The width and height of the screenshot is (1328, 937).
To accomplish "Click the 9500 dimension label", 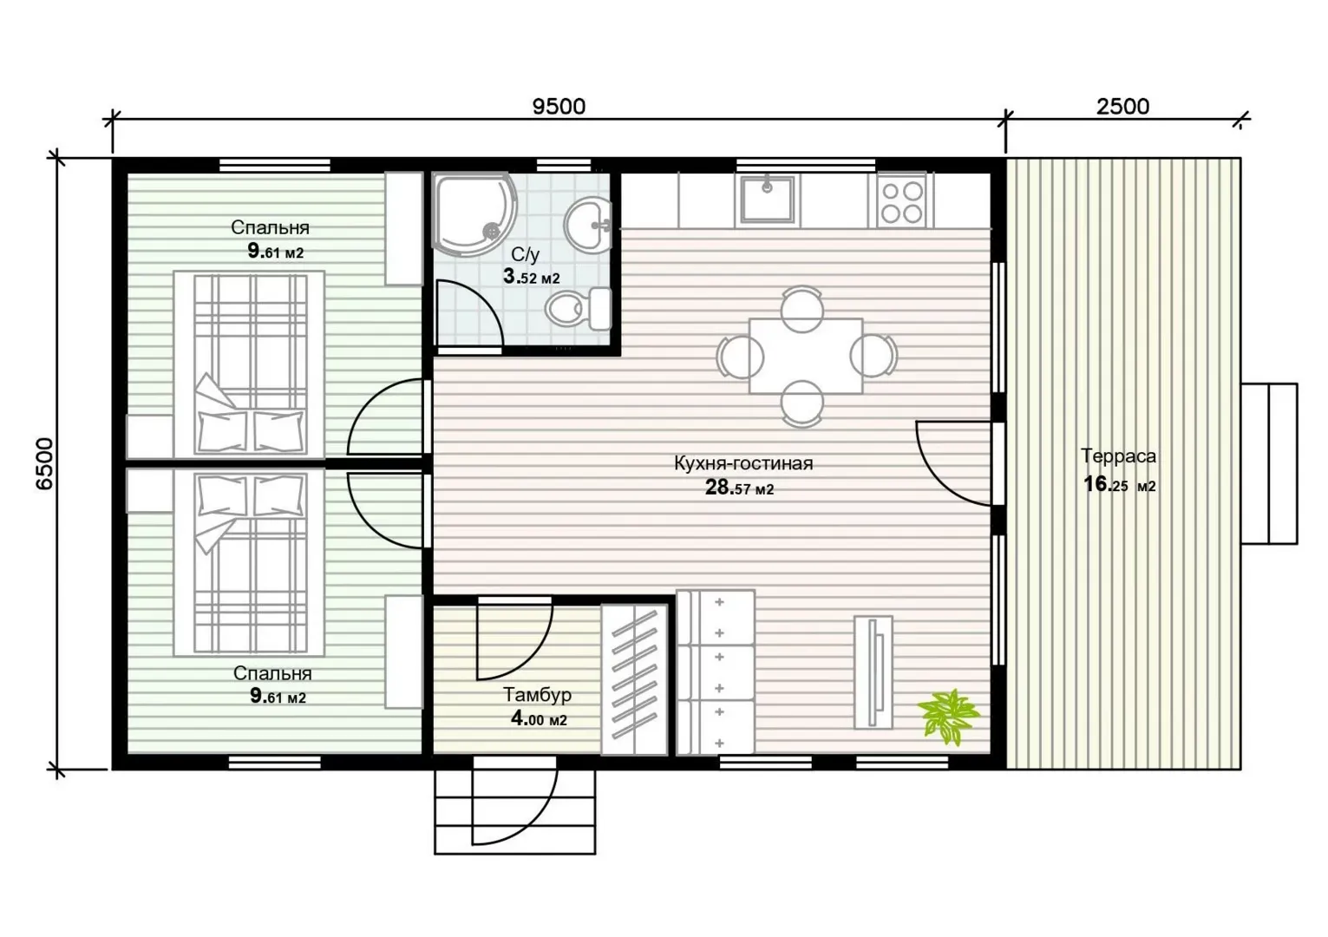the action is click(x=559, y=106).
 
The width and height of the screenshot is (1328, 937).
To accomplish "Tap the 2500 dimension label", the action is click(x=1122, y=106).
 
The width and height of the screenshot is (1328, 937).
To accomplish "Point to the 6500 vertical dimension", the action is click(x=44, y=464).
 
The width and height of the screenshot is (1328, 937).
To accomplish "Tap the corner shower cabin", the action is click(x=474, y=214).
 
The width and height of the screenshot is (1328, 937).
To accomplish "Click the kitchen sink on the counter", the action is click(x=767, y=200).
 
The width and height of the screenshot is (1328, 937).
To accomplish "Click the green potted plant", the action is click(x=947, y=716).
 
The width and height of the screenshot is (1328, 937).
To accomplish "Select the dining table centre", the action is click(x=806, y=356).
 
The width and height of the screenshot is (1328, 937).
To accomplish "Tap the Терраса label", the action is click(x=1118, y=456).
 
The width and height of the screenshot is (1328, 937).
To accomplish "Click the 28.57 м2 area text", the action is click(x=739, y=488).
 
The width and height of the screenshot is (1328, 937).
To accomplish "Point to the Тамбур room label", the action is click(x=537, y=694).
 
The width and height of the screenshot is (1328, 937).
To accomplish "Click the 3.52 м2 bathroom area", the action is click(x=531, y=277).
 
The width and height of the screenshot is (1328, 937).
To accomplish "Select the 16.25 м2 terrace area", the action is click(x=1119, y=485).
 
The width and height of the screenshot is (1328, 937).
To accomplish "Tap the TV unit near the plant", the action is click(x=873, y=672).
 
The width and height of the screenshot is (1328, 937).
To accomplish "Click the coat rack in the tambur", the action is click(x=634, y=679).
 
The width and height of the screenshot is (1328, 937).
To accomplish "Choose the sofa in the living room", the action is click(x=716, y=672).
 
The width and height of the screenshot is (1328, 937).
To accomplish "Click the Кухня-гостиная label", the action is click(x=743, y=463).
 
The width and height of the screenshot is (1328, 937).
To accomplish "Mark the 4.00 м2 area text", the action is click(x=539, y=720).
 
